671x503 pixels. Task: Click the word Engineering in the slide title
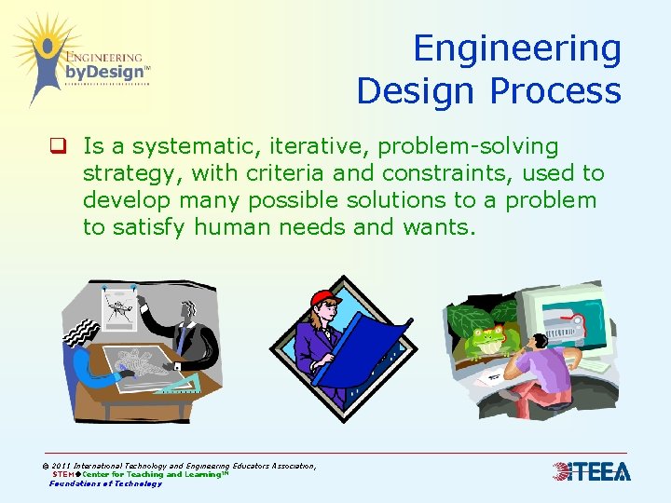(517, 49)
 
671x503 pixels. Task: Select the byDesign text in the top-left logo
(103, 72)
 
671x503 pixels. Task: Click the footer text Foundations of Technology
(105, 483)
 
